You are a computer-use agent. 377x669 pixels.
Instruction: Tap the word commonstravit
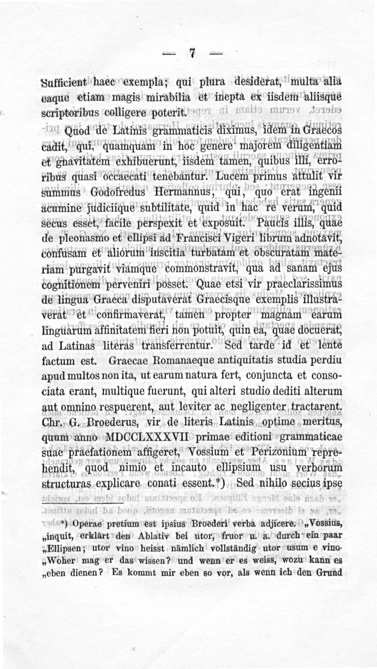pos(200,268)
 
